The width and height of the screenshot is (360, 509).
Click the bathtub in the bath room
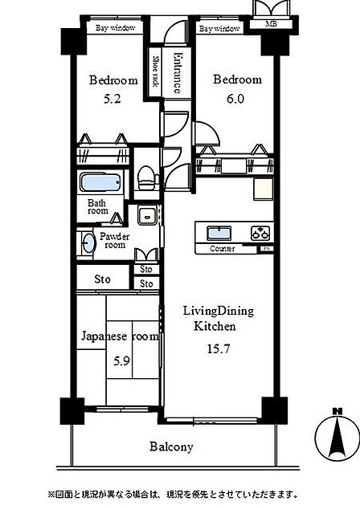coord(100,182)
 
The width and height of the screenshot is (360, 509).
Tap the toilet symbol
coord(146,177)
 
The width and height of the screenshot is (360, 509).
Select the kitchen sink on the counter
coord(219,233)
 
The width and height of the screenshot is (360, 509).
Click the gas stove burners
coord(260,233)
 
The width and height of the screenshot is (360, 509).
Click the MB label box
coord(272,24)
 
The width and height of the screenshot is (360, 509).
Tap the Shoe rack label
coord(156,71)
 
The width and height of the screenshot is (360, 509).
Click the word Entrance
coord(177,73)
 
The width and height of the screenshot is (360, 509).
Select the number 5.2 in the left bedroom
coord(112,99)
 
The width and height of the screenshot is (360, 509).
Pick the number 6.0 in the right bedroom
coord(235,99)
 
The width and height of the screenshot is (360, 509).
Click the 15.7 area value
coord(219,348)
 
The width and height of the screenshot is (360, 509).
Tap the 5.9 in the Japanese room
coord(122,360)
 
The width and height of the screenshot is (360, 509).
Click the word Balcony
coord(171,446)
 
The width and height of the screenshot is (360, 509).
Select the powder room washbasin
coord(88,243)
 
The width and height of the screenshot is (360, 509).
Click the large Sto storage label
coord(102,279)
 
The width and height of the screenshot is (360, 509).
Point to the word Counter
coord(223,249)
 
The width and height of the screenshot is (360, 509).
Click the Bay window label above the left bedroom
coord(115,28)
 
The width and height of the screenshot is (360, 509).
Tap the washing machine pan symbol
coord(148,215)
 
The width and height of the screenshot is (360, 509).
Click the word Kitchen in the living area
coord(215,326)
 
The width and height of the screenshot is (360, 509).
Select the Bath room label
coord(97,207)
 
